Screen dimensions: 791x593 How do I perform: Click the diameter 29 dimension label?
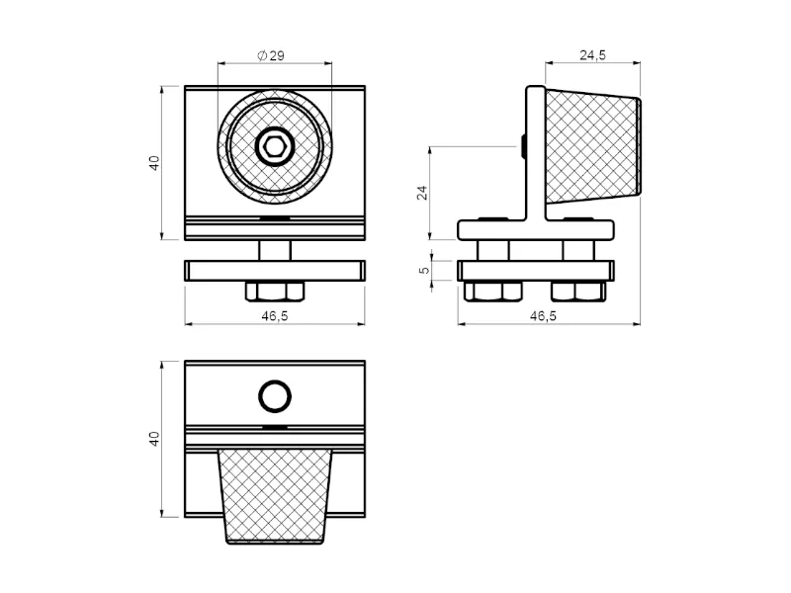tap(271, 55)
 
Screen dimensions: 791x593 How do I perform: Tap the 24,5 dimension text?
tap(592, 55)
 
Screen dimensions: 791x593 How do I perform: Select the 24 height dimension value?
tap(422, 193)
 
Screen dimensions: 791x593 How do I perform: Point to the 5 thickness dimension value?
tap(424, 270)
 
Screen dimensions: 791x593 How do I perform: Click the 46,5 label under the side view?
tap(543, 316)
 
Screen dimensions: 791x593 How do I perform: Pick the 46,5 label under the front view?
tap(275, 316)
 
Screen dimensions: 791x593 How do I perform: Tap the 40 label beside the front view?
tap(154, 163)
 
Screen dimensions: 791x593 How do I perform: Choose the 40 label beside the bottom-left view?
tap(154, 439)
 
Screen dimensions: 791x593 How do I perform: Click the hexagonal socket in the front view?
tap(275, 146)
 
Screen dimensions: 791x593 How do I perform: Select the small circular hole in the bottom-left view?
tap(275, 396)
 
